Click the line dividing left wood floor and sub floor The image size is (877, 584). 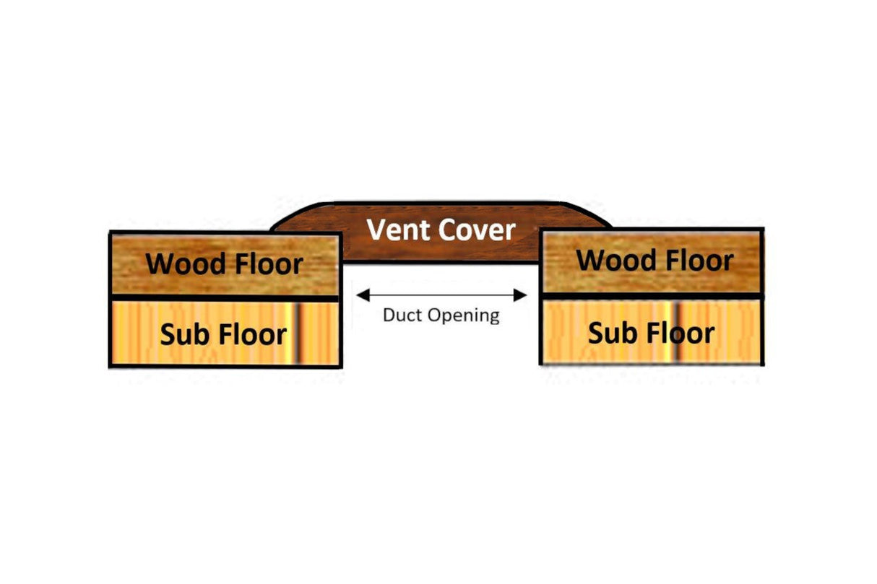[x=224, y=297]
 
